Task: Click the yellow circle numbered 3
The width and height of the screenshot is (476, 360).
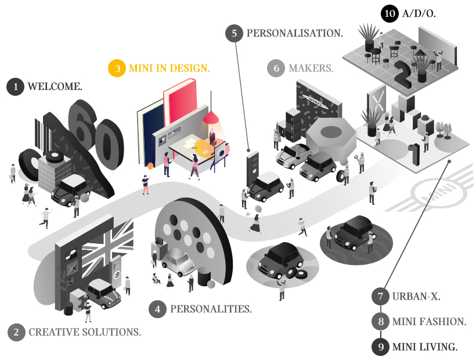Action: click(117, 69)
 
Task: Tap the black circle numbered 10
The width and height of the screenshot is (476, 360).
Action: click(390, 14)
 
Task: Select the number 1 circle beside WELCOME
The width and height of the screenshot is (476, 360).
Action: click(15, 87)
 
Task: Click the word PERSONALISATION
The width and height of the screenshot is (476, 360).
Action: click(294, 33)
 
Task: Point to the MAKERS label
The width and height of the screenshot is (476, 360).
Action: click(311, 68)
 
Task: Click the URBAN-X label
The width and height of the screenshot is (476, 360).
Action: click(416, 296)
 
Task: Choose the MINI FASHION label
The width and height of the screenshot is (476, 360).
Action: click(429, 322)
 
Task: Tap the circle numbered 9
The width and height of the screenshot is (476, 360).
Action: click(381, 347)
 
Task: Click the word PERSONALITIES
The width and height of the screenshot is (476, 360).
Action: click(211, 309)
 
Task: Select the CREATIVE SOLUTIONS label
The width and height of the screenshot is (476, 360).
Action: click(85, 332)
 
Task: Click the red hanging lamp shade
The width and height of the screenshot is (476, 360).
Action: click(211, 117)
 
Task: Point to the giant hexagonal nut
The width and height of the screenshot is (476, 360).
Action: click(331, 138)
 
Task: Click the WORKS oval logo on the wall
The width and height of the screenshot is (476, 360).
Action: click(316, 101)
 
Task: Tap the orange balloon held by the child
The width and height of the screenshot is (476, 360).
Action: click(150, 166)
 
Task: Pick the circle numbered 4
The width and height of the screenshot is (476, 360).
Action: click(157, 309)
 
